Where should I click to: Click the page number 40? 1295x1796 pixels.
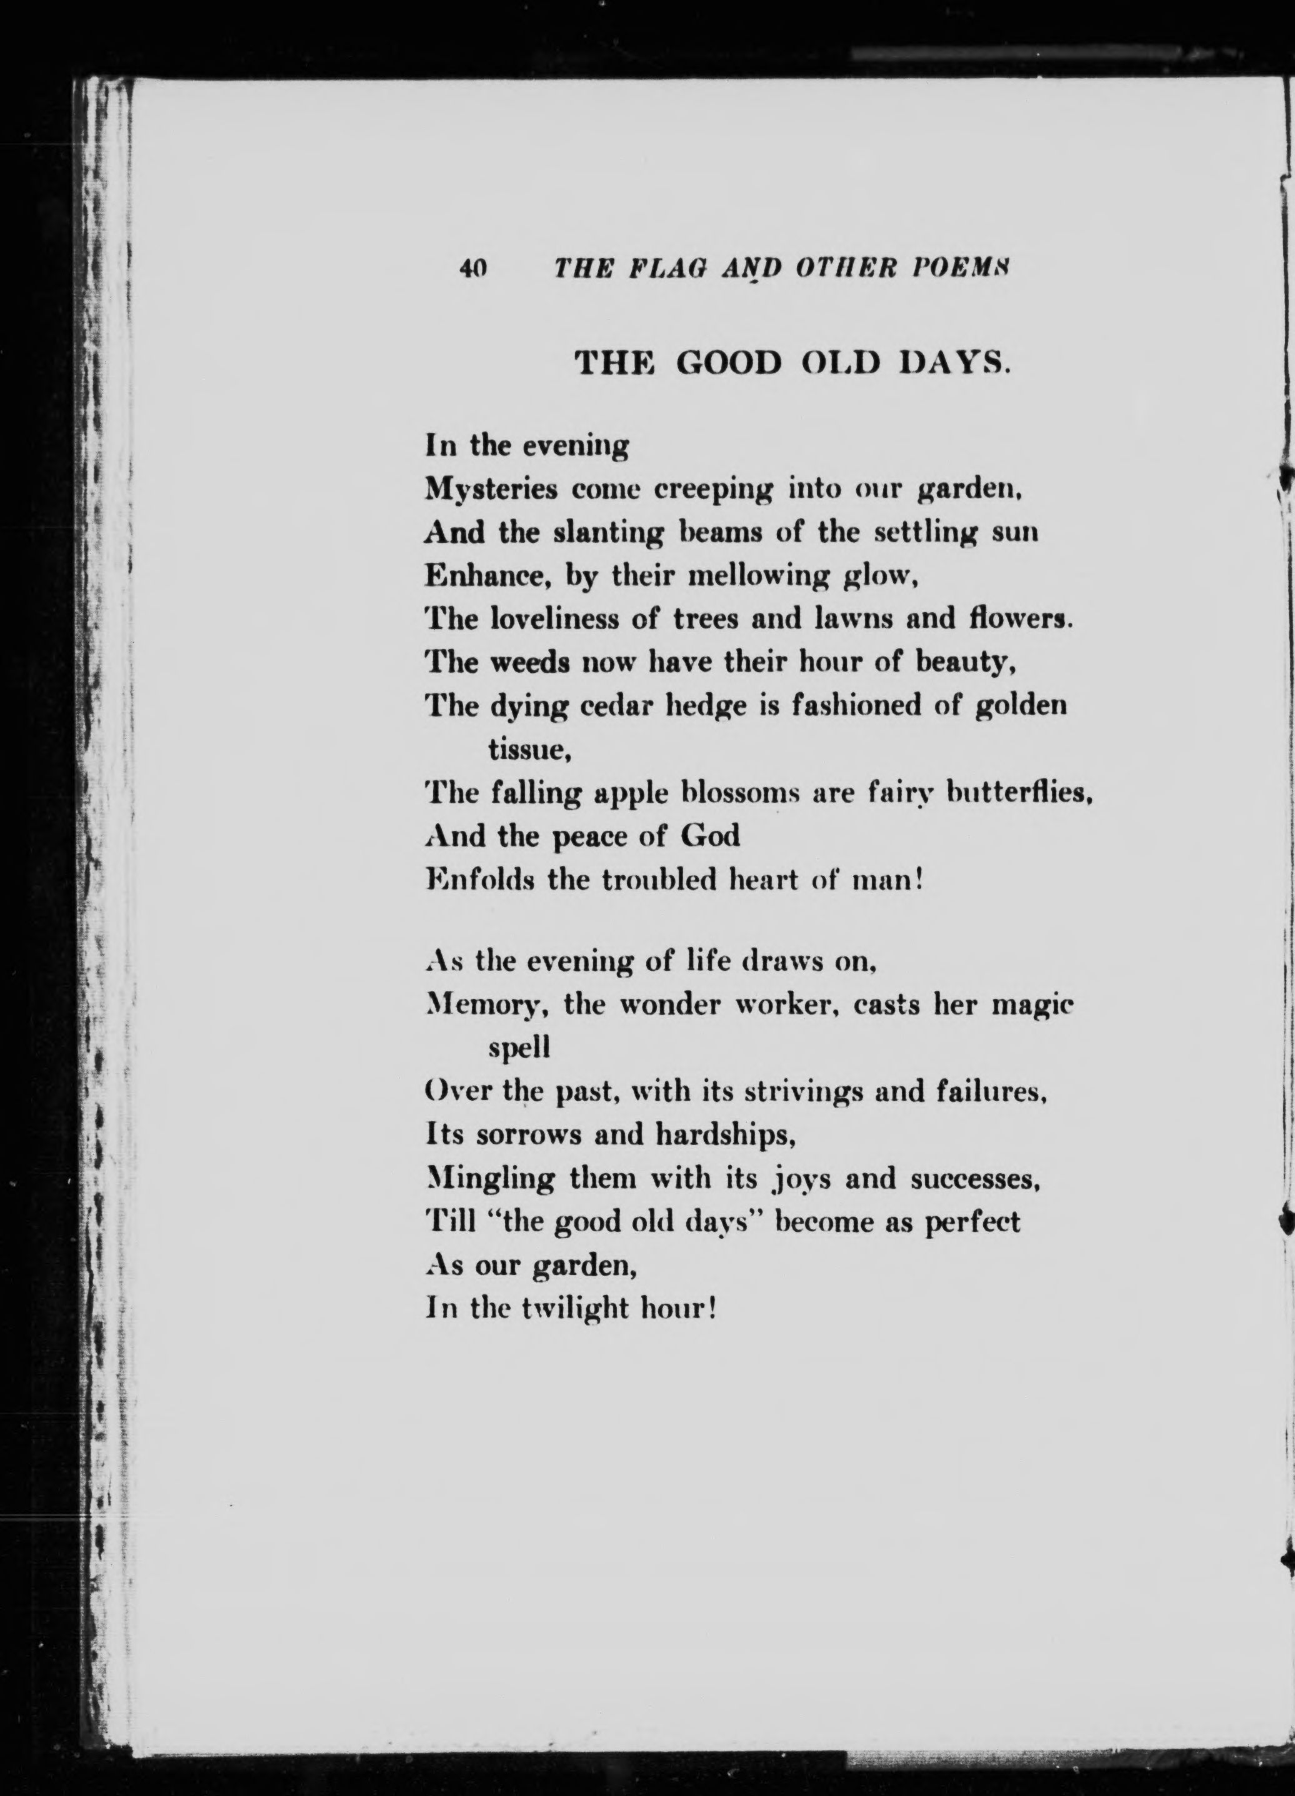click(473, 269)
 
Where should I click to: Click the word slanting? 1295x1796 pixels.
click(607, 533)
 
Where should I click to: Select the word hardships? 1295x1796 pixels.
click(725, 1136)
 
